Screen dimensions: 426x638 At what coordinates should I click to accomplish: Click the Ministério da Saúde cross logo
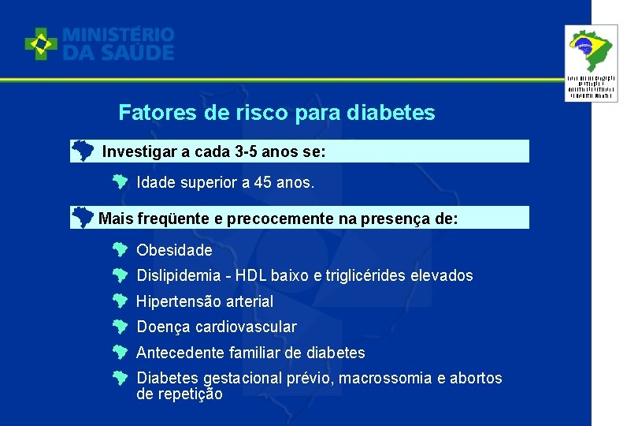[41, 44]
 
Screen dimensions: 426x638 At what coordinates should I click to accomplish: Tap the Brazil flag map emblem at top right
[592, 49]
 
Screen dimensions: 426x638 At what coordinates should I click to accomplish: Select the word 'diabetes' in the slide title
[396, 113]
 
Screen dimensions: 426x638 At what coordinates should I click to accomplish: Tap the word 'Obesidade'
[174, 250]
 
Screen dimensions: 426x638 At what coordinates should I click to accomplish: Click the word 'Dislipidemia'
[178, 276]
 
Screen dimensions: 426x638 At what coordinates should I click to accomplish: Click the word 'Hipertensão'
[178, 301]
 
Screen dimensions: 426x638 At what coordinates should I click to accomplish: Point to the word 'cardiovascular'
[249, 327]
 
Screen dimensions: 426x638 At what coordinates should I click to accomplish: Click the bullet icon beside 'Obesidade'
[119, 251]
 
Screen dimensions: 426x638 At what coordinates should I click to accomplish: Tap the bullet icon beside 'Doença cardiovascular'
[119, 327]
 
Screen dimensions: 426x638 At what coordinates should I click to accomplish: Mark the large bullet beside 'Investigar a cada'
[82, 150]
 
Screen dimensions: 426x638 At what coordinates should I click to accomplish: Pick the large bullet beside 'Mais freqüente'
[82, 216]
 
